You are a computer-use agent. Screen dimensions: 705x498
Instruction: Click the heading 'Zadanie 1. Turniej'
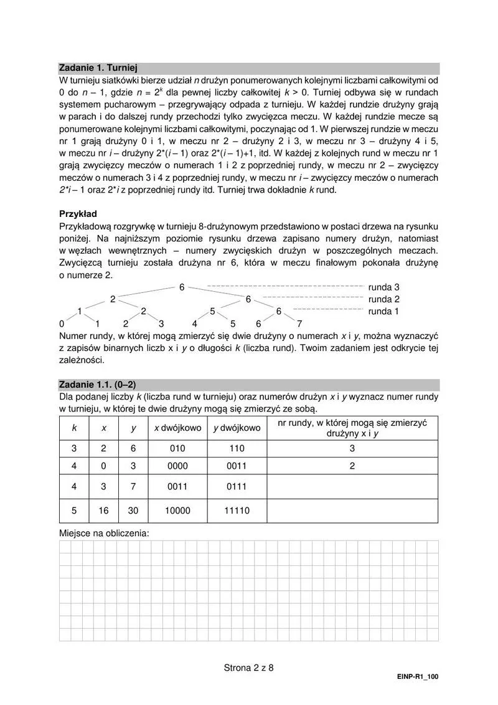pos(98,68)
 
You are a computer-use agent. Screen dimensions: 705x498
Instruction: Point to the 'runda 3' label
pos(384,287)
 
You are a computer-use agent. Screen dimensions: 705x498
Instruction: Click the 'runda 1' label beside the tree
pos(384,311)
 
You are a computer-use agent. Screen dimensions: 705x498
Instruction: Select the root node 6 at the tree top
pos(182,287)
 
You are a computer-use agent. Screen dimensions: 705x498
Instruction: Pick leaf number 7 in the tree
pos(299,324)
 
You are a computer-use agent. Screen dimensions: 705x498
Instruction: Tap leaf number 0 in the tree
pos(62,324)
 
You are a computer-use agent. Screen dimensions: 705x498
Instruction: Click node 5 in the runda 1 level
pos(212,311)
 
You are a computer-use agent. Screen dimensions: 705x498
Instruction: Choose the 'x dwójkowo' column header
pos(177,428)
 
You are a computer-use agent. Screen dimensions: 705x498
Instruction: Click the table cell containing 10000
pos(177,511)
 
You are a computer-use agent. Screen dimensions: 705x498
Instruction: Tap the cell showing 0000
pos(177,466)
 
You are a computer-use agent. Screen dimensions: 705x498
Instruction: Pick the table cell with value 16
pos(103,511)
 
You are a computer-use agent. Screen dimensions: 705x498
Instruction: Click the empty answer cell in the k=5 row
pos(352,511)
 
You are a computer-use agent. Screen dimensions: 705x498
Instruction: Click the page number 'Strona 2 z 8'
pos(249,667)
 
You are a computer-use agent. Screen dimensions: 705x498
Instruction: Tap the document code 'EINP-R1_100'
pos(417,677)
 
